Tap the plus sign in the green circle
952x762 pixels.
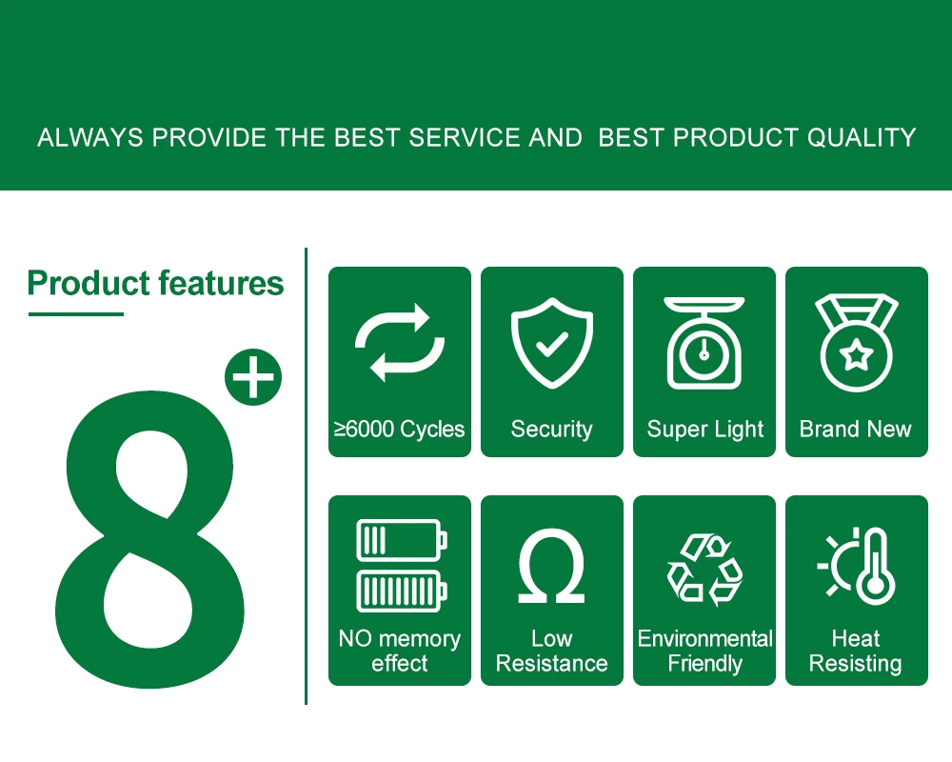[253, 377]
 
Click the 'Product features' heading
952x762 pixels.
[155, 284]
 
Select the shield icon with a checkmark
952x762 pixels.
[552, 342]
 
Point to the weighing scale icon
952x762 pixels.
[704, 342]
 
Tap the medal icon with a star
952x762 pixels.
[856, 342]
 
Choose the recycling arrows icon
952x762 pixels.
[704, 570]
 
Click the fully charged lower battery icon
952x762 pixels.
[402, 591]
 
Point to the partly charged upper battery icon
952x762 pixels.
[402, 540]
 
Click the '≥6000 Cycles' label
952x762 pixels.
[400, 429]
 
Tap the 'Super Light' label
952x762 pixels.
[704, 430]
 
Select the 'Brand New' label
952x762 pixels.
[856, 429]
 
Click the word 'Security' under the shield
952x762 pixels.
[552, 430]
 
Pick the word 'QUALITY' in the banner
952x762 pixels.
[862, 138]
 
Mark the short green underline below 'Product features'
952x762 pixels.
[76, 314]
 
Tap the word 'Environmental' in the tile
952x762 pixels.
[704, 638]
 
